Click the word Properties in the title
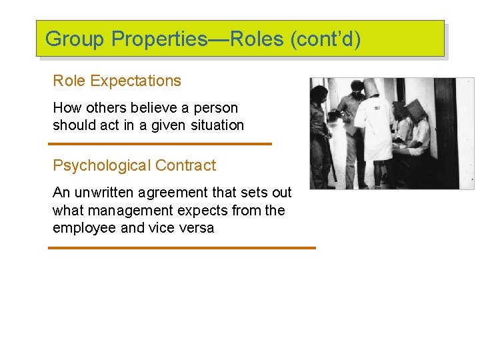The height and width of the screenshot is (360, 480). (x=159, y=39)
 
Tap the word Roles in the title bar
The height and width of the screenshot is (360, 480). (x=256, y=39)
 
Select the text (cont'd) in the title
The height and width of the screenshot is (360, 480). (x=325, y=39)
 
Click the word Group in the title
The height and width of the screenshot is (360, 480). (x=75, y=39)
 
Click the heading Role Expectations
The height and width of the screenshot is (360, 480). (x=117, y=81)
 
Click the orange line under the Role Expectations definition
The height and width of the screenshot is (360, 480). (x=160, y=143)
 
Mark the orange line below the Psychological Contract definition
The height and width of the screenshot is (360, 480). (x=181, y=247)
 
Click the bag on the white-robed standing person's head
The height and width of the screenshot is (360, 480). (x=371, y=87)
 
